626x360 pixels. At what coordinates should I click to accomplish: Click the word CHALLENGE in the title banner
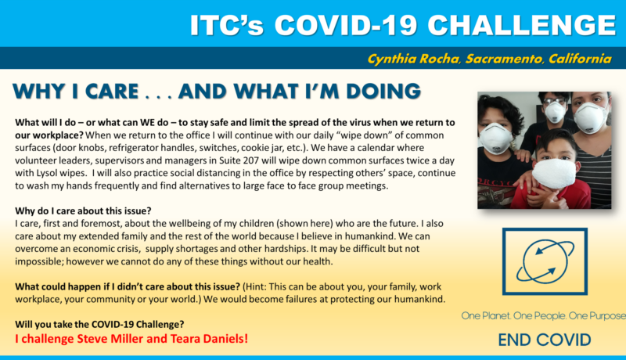(522, 26)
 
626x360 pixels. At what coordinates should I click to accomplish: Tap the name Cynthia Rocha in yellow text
(414, 59)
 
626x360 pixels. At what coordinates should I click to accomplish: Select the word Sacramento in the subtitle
(504, 59)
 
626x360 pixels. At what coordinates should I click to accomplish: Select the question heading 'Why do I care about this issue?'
(83, 211)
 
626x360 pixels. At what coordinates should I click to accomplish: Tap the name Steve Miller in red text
(110, 338)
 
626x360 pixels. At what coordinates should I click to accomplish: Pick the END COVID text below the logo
(545, 340)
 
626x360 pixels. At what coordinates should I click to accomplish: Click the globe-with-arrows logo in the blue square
(545, 261)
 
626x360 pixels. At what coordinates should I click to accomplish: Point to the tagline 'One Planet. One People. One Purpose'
(543, 315)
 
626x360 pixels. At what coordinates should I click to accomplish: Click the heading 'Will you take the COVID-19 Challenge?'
(100, 324)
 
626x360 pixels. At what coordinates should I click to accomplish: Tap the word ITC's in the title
(227, 26)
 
